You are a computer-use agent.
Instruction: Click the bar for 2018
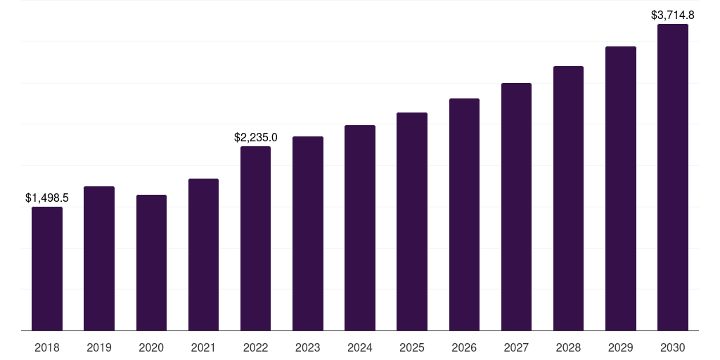47,269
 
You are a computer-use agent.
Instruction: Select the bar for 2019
99,259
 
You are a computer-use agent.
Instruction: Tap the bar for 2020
152,263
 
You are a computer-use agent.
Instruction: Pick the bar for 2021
203,255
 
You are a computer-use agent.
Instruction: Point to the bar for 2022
255,238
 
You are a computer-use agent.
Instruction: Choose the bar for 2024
360,228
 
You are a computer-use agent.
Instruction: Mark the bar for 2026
464,214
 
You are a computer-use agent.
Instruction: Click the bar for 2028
568,198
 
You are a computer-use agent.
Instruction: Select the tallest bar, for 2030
673,177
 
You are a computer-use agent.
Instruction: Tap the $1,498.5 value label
47,198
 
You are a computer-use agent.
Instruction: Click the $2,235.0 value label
256,137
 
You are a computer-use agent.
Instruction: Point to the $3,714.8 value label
673,15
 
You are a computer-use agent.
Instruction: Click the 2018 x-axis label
47,347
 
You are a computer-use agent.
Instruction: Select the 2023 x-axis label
308,347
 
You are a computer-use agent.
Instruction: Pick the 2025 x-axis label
412,347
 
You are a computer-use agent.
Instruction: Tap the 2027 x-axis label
516,347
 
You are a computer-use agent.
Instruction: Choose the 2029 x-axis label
621,347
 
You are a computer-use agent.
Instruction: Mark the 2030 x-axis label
673,347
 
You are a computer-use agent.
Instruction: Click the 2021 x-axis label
203,347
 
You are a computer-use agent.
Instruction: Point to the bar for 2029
621,188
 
